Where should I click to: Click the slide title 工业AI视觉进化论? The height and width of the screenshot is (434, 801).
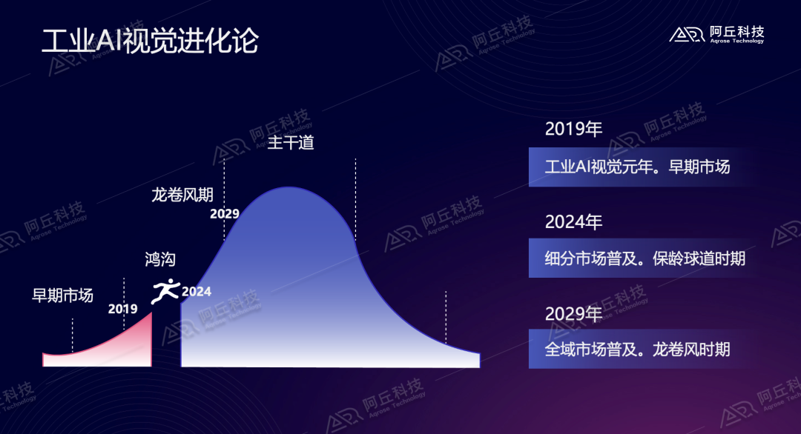click(x=150, y=41)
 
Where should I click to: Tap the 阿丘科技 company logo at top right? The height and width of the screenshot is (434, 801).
click(x=716, y=35)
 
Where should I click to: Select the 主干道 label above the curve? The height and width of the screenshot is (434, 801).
click(x=291, y=142)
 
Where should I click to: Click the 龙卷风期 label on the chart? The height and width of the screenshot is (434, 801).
click(x=182, y=195)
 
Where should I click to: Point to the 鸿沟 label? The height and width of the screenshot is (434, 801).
click(x=160, y=259)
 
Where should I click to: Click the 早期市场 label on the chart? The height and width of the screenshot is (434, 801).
click(x=62, y=296)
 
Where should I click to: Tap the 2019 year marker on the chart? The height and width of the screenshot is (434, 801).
click(x=122, y=309)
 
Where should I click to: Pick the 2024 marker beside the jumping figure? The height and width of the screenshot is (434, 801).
click(x=197, y=292)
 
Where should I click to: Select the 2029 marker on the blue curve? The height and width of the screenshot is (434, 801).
click(x=224, y=214)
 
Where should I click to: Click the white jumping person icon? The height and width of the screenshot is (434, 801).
click(x=165, y=291)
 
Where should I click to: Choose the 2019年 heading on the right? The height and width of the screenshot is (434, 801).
click(x=573, y=129)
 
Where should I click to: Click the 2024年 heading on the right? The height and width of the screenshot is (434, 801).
click(x=573, y=221)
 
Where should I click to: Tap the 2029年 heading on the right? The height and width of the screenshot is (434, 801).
click(x=573, y=313)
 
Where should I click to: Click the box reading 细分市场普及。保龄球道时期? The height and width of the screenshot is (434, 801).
click(x=645, y=258)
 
